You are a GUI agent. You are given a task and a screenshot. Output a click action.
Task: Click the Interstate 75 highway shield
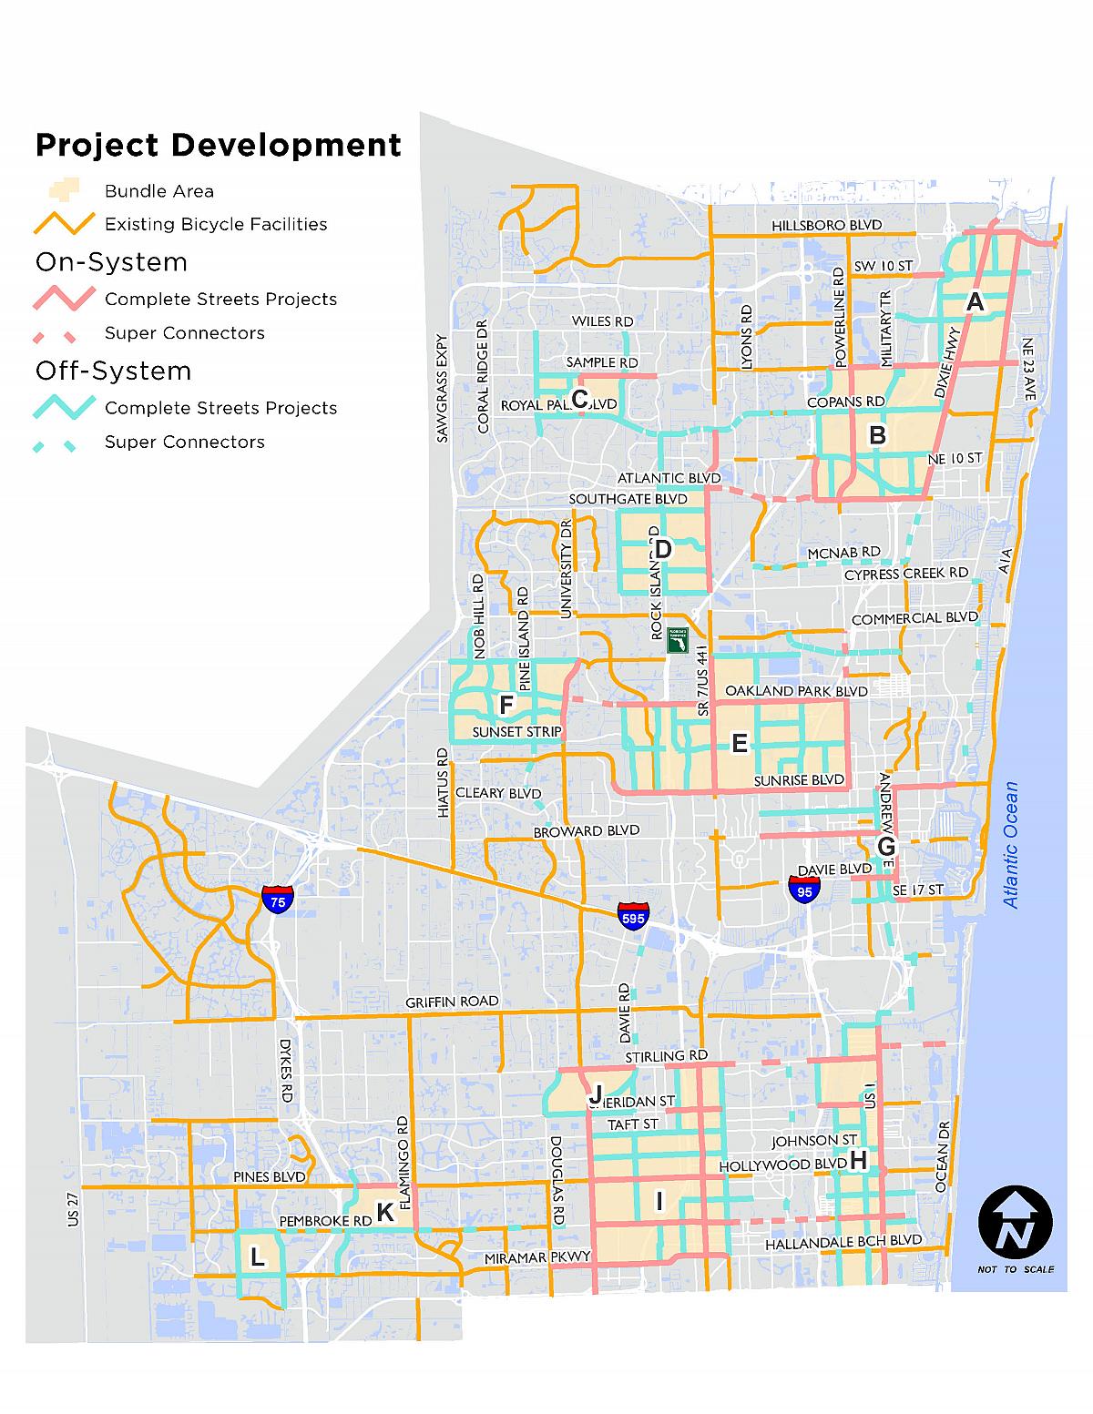[278, 900]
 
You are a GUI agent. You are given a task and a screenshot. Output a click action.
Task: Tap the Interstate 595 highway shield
[633, 915]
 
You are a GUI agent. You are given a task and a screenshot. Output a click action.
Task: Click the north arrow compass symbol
[1016, 1223]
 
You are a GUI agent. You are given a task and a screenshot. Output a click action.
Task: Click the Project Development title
[219, 145]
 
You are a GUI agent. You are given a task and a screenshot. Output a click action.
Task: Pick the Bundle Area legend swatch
[64, 190]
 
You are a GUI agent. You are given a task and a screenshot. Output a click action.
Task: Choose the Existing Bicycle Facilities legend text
[216, 224]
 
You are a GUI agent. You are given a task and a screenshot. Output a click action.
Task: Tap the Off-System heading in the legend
[113, 371]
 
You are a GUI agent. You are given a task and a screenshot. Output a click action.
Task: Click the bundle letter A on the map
[976, 302]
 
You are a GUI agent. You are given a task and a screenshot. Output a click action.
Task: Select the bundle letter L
[257, 1257]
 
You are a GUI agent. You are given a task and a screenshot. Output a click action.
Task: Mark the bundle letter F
[507, 704]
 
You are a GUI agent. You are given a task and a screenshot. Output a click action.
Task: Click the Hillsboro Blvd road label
[827, 225]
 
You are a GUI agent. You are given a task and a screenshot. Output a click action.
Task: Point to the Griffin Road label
[453, 1002]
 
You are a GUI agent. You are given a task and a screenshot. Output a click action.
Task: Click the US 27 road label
[74, 1210]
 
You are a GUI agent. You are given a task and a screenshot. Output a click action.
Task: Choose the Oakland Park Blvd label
[796, 691]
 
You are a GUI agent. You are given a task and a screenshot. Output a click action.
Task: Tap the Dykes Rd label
[285, 1072]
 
